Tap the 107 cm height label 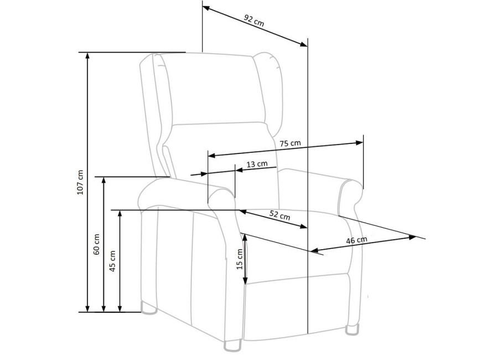pyautogui.click(x=80, y=181)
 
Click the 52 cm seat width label pyautogui.click(x=279, y=215)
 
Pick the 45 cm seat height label pyautogui.click(x=113, y=259)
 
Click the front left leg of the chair pyautogui.click(x=233, y=346)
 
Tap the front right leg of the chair pyautogui.click(x=352, y=330)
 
